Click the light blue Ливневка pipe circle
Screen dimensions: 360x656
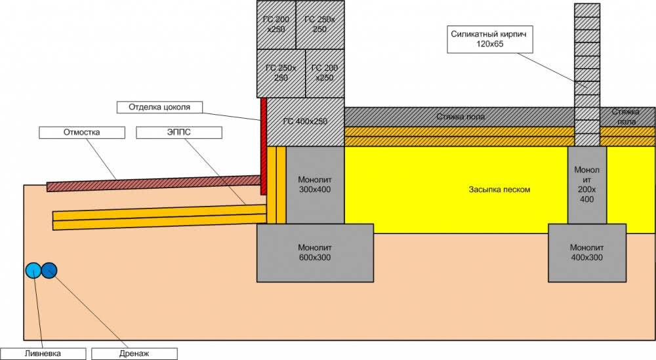point(33,270)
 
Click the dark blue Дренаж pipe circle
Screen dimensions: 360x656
point(49,270)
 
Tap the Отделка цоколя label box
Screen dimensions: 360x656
point(157,106)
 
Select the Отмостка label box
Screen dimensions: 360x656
point(81,132)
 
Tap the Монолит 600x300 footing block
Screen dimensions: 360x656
point(314,252)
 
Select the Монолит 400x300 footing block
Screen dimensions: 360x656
point(586,252)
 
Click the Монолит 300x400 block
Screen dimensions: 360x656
point(316,184)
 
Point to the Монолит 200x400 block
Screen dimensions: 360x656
point(586,184)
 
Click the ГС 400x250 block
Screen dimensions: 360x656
point(305,121)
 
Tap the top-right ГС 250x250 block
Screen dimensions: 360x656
point(320,24)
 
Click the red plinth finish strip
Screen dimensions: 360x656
point(264,146)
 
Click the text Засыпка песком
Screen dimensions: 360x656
point(499,190)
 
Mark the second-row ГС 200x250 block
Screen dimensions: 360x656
point(325,73)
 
